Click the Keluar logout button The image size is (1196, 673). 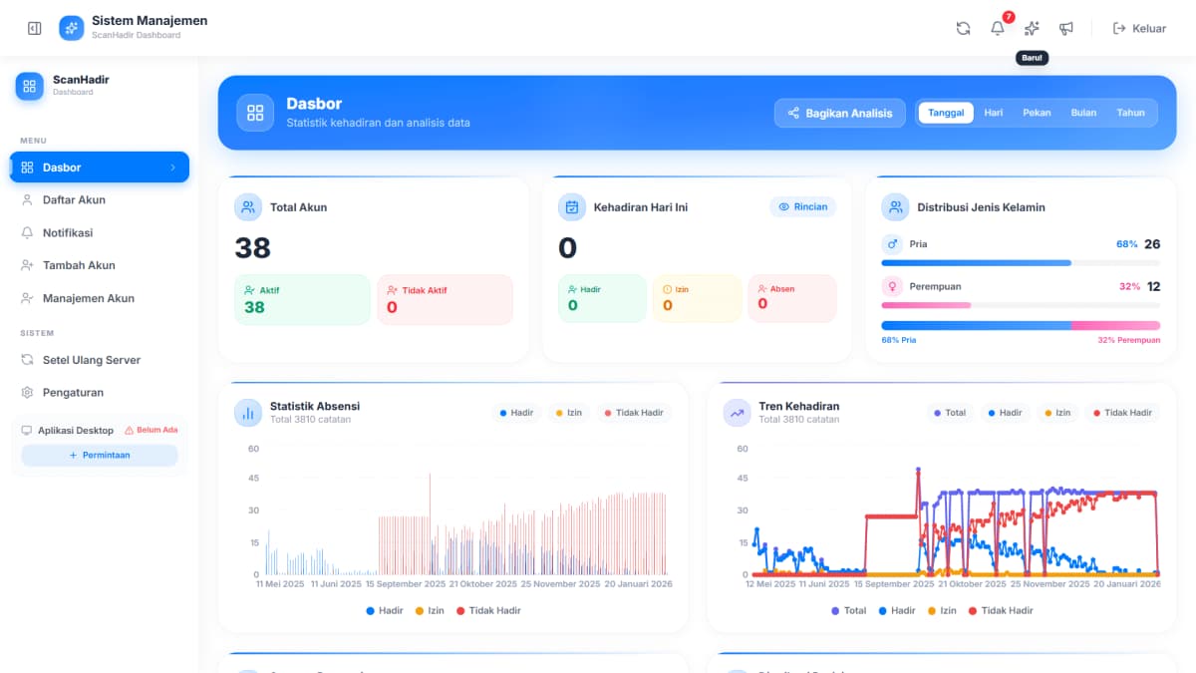tap(1139, 28)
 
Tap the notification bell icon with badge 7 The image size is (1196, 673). tap(998, 28)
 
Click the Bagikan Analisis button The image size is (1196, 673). tap(839, 113)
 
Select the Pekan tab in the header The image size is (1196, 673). tap(1037, 113)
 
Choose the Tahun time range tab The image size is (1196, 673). tap(1130, 113)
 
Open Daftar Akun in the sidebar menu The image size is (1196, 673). tap(74, 199)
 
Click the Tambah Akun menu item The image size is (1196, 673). tap(79, 265)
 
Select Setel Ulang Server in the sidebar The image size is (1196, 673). tap(92, 360)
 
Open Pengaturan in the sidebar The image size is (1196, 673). tap(73, 392)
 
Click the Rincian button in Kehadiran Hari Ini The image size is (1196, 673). tap(802, 206)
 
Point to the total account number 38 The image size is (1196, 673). tap(253, 247)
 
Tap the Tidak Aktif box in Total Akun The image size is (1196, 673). tap(445, 299)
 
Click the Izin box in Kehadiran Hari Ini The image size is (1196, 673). tap(696, 299)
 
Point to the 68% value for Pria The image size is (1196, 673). tap(1126, 244)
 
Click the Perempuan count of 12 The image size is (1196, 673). tap(1153, 286)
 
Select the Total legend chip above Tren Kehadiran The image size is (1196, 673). tap(949, 413)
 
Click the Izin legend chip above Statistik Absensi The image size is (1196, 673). tap(568, 413)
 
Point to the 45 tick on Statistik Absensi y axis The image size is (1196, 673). tap(253, 478)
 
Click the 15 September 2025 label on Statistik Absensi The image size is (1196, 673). tap(406, 584)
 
